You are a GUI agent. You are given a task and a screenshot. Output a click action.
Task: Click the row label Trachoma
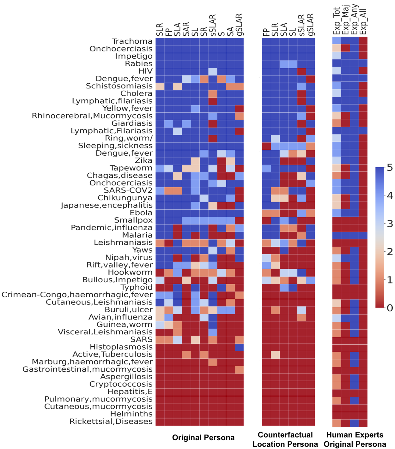132,41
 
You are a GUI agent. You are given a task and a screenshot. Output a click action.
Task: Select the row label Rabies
139,64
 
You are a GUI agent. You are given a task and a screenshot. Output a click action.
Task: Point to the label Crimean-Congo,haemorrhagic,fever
77,295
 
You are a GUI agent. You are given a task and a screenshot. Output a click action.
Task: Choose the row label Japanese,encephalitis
106,205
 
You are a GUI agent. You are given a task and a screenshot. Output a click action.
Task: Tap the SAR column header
186,29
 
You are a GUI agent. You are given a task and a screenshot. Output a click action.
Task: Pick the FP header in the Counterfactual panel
266,32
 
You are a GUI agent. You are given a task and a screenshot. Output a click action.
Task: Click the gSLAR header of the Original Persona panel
239,25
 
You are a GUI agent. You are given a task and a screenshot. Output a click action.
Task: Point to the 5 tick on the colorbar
390,167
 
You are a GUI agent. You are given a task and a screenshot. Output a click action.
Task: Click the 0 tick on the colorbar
390,308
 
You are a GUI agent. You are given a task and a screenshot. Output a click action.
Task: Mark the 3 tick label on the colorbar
390,224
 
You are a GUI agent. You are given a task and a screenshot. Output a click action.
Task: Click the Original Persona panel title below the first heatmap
203,438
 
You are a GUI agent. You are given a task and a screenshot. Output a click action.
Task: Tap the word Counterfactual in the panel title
285,435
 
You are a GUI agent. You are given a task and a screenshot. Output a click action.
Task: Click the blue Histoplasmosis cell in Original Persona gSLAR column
239,347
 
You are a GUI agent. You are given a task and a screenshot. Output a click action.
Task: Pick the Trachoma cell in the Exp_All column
363,41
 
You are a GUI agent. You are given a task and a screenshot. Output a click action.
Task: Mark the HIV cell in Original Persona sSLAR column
213,71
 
